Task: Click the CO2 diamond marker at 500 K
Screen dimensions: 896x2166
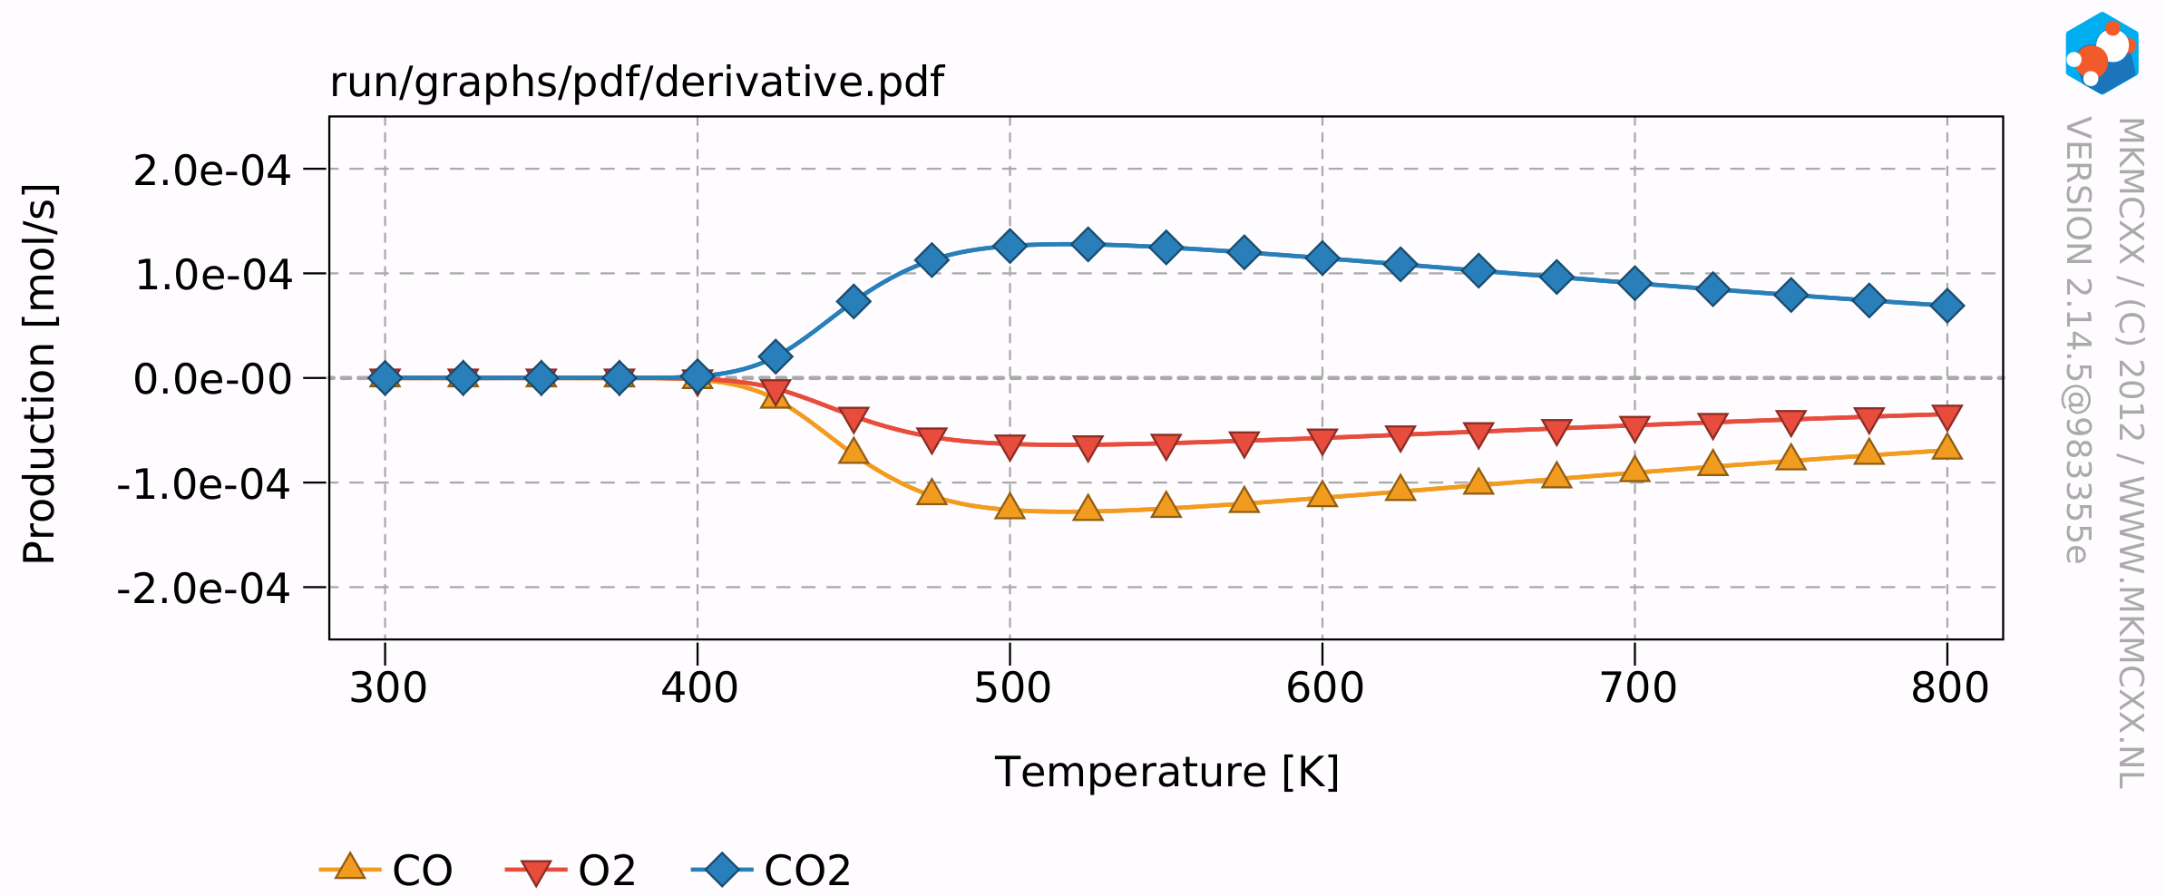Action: pos(1010,246)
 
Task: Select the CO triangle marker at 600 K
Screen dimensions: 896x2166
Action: pos(1322,494)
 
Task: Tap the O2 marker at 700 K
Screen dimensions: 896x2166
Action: pos(1634,428)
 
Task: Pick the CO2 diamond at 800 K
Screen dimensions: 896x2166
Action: pos(1946,306)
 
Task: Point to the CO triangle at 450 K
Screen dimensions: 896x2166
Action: pos(854,451)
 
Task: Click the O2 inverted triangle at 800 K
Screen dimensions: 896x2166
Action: pos(1946,417)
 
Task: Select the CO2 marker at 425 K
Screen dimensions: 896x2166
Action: pos(776,356)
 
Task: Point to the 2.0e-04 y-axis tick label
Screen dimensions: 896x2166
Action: pos(212,170)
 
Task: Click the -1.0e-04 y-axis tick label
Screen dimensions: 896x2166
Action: pos(204,484)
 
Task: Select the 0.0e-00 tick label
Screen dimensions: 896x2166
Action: pos(212,379)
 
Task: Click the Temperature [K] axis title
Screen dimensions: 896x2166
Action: pos(1166,773)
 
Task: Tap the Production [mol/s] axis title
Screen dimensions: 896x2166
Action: pos(40,374)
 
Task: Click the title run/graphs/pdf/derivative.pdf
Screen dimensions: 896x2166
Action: pos(636,83)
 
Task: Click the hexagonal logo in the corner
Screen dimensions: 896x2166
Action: pos(2102,53)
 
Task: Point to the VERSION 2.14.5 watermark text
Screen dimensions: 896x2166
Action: pos(2078,340)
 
